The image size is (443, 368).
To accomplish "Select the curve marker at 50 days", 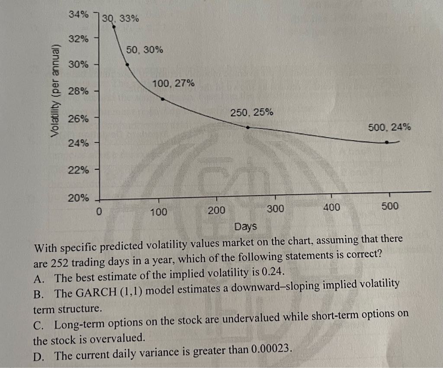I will tap(127, 65).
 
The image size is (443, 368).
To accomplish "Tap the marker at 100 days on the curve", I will tap(162, 99).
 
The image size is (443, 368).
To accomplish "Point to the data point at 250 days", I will tap(247, 127).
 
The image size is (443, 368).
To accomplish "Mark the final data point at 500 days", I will tap(387, 142).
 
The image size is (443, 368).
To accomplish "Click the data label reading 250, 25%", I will tap(252, 113).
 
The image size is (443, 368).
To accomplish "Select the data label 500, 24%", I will tap(389, 127).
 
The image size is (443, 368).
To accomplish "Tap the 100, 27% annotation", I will tap(173, 83).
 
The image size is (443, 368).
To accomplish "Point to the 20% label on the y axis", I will tap(78, 198).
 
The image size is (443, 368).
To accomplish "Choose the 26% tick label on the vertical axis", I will tap(78, 118).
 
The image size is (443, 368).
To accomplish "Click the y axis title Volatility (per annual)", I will tap(55, 90).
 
